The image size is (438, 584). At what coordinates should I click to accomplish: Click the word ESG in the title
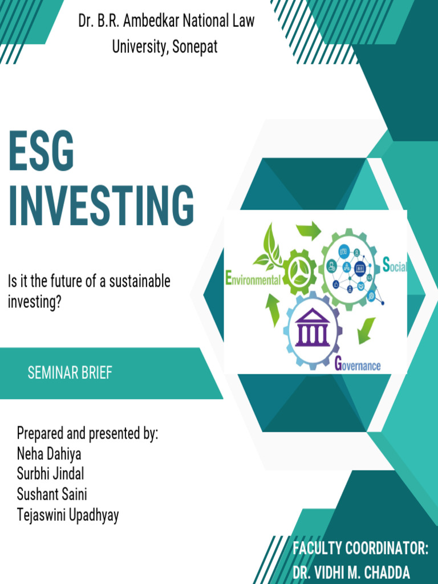point(41,151)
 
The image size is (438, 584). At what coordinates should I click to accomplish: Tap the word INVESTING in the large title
point(102,205)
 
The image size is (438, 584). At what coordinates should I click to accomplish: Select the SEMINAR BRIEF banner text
point(70,373)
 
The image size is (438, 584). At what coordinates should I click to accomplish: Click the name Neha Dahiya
point(49,454)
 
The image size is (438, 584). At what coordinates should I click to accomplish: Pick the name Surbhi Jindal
point(50,474)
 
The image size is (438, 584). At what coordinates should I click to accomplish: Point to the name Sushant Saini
point(52,494)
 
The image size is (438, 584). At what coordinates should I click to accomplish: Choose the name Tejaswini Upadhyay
point(68,516)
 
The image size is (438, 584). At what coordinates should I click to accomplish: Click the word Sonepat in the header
point(195,47)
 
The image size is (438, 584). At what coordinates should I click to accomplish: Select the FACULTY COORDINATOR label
point(360,549)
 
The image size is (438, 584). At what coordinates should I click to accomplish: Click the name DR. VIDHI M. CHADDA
point(351,572)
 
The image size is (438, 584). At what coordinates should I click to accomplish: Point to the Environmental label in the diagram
point(253,278)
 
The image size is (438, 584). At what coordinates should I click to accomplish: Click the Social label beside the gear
point(395,265)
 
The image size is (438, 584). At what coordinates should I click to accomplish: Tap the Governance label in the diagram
point(358,364)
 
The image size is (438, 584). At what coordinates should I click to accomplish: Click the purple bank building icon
point(312,327)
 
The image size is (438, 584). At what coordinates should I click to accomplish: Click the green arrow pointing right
point(309,230)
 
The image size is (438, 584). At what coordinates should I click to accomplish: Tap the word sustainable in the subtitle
point(140,281)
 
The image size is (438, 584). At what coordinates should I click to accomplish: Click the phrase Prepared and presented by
point(87,434)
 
